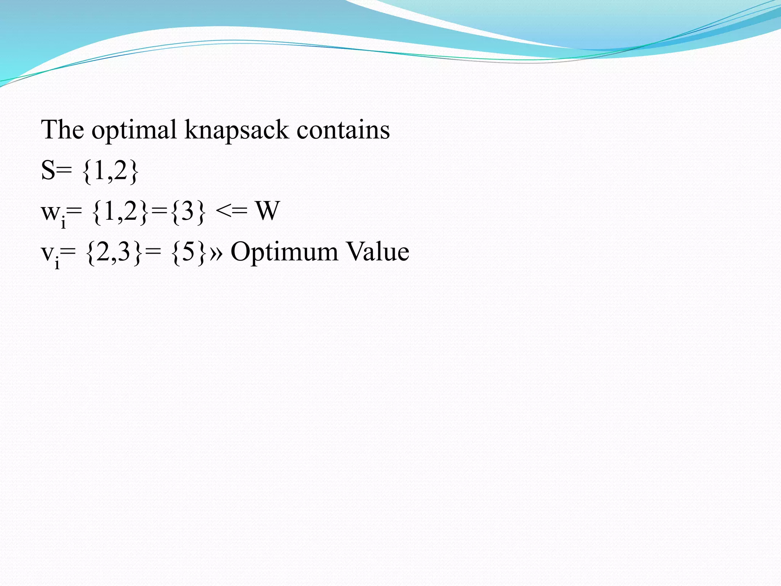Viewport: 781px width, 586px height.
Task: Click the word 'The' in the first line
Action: (x=62, y=130)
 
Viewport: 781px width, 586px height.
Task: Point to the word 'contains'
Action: (x=343, y=130)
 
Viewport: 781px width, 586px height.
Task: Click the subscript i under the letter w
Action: (x=63, y=222)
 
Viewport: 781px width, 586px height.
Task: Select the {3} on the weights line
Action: (x=188, y=211)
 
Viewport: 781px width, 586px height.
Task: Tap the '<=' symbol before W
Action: (x=231, y=211)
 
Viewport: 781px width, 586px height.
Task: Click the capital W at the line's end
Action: (x=268, y=211)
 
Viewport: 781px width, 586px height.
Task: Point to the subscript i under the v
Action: (x=57, y=263)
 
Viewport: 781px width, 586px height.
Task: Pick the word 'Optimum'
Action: (x=284, y=252)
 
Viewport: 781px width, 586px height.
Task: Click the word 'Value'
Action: (x=378, y=251)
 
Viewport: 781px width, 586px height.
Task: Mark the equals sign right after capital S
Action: (x=64, y=171)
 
